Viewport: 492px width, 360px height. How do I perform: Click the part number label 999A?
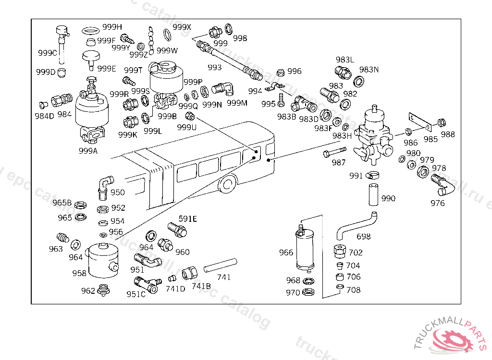pos(88,150)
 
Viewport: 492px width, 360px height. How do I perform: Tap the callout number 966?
pos(286,252)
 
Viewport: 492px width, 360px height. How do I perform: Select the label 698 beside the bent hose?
pos(364,236)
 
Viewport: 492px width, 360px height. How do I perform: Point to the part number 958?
pos(79,273)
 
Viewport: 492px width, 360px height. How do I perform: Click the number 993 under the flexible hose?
pos(214,67)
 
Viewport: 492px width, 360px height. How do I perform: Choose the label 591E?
pos(188,219)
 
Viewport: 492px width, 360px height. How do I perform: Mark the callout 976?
pos(437,203)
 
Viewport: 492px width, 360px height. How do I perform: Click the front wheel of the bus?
pos(228,185)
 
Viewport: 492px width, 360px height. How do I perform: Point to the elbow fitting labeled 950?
pos(105,188)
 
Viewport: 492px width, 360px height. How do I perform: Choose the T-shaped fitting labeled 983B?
pos(300,103)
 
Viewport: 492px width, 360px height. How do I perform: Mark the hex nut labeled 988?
pos(442,123)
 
